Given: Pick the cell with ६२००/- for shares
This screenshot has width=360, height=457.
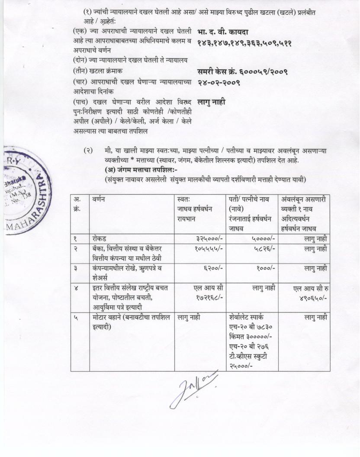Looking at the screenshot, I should tap(213, 268).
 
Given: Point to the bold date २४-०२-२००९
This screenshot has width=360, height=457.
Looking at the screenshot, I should tap(219, 82).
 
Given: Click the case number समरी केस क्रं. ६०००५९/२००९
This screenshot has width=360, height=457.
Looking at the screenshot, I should tap(242, 71).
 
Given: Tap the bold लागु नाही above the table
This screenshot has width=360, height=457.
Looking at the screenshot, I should tap(211, 103).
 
